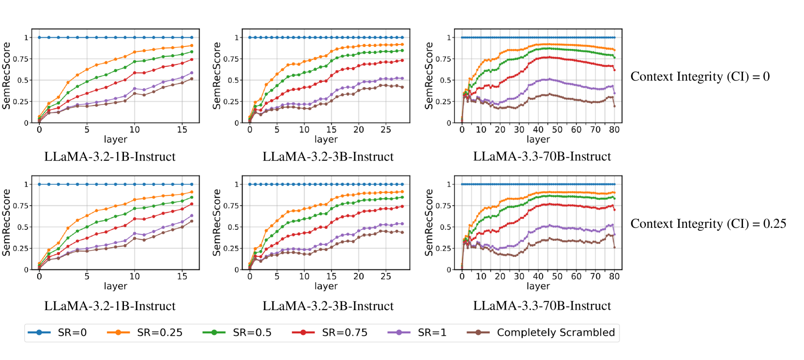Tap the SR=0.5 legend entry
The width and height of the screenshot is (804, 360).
[x=237, y=333]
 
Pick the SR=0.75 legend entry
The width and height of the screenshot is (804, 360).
[x=329, y=333]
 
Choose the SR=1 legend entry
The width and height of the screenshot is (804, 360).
[x=417, y=333]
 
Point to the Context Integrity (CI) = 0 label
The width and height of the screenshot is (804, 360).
[x=700, y=76]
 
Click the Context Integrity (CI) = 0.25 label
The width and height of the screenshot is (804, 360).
[x=708, y=224]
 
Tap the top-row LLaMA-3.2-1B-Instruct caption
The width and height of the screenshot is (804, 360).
[x=110, y=157]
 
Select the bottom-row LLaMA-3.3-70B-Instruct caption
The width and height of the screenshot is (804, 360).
[x=542, y=306]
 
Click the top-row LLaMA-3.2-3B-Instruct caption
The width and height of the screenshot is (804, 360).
[x=328, y=157]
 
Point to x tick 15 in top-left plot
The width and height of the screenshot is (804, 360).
[x=182, y=130]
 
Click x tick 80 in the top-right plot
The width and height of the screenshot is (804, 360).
[x=614, y=130]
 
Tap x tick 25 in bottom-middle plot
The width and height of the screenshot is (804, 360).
[x=386, y=276]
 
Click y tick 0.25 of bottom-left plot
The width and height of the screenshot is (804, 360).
[x=20, y=248]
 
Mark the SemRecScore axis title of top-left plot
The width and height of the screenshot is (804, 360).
[x=6, y=75]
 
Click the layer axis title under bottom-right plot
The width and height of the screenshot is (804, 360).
[x=538, y=286]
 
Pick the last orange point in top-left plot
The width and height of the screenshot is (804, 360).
[x=192, y=45]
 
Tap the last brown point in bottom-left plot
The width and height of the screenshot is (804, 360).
[x=192, y=221]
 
